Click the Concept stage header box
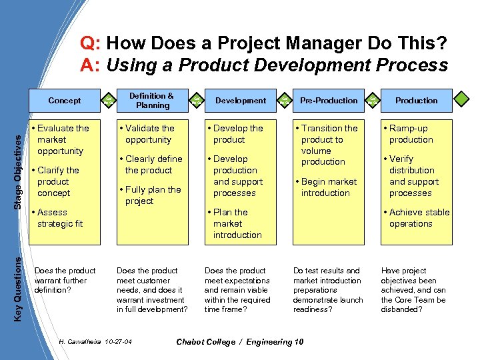pyautogui.click(x=65, y=101)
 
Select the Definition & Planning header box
pyautogui.click(x=152, y=101)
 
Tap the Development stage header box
pyautogui.click(x=241, y=101)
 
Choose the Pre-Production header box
pyautogui.click(x=329, y=101)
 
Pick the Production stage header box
pyautogui.click(x=416, y=101)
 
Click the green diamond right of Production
pyautogui.click(x=461, y=101)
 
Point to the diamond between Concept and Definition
pyautogui.click(x=108, y=101)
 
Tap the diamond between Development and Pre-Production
pyautogui.click(x=284, y=101)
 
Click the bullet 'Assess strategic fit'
pyautogui.click(x=59, y=218)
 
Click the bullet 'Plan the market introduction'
pyautogui.click(x=237, y=223)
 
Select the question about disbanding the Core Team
pyautogui.click(x=413, y=290)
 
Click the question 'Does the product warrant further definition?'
pyautogui.click(x=65, y=281)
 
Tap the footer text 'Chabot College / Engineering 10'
pyautogui.click(x=239, y=342)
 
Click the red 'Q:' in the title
pyautogui.click(x=91, y=44)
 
